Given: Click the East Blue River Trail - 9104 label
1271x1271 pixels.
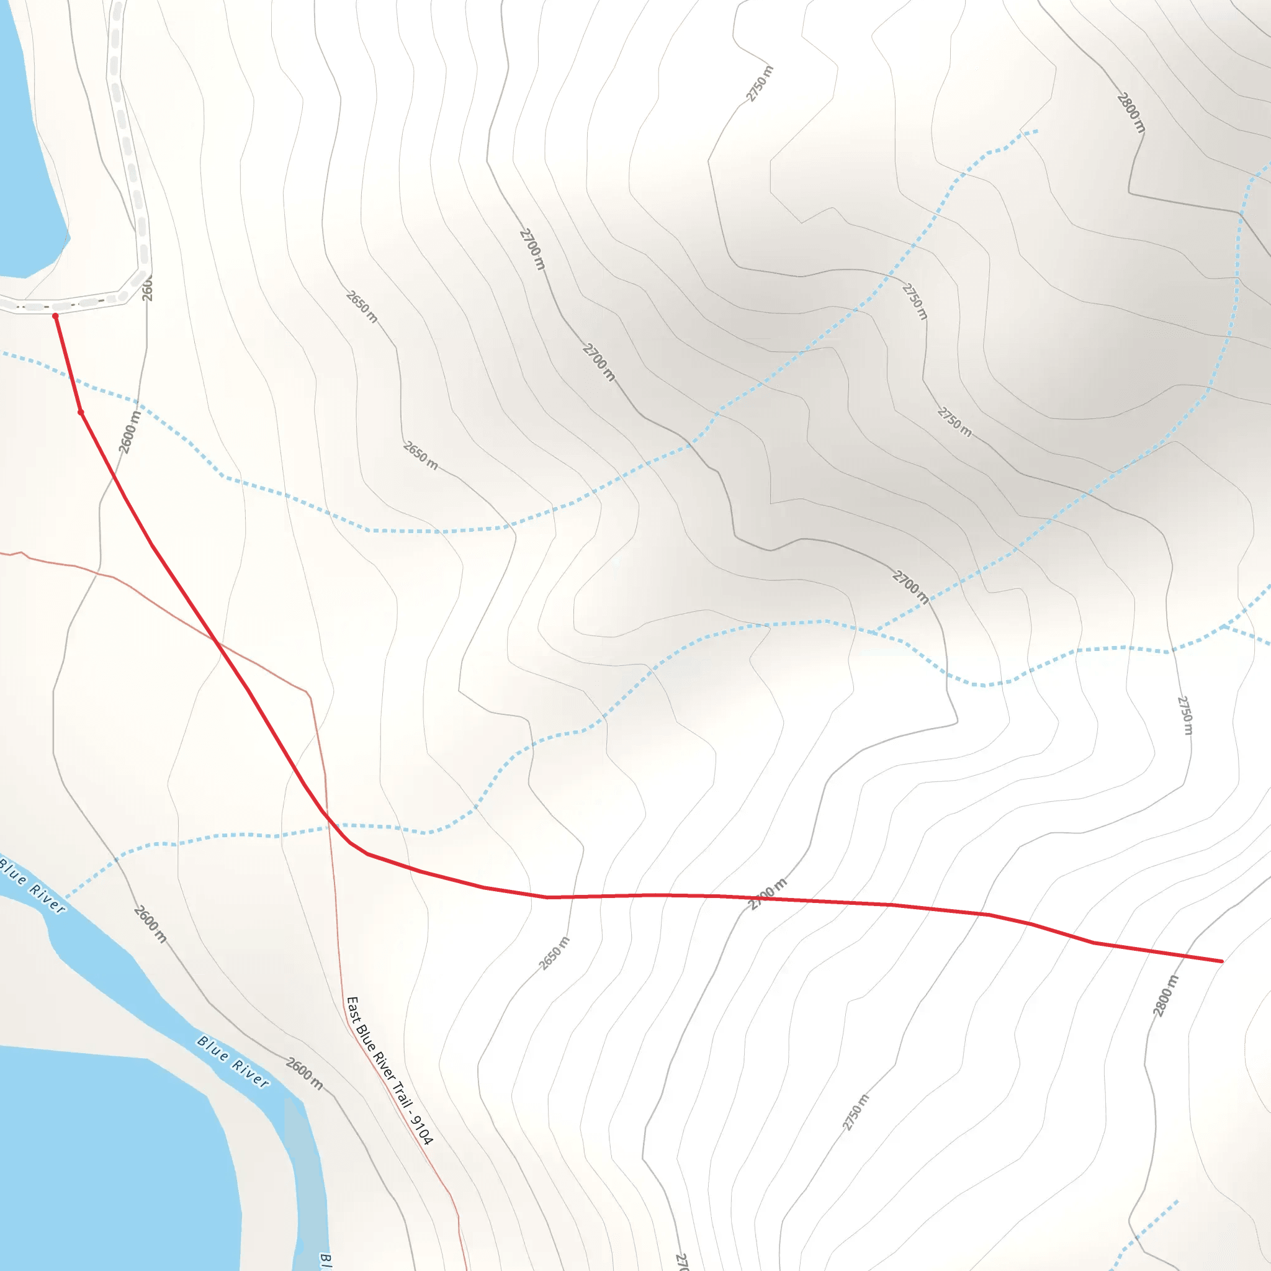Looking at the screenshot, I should pyautogui.click(x=390, y=1071).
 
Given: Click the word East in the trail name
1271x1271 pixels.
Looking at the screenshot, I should pyautogui.click(x=353, y=1009).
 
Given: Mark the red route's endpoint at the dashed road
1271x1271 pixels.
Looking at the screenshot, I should pyautogui.click(x=55, y=317).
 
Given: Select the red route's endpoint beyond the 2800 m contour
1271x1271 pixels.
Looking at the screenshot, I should pyautogui.click(x=1221, y=961).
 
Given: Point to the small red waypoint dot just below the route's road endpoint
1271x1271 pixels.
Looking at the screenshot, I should pyautogui.click(x=81, y=413).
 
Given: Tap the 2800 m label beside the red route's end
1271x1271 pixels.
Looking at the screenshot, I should pyautogui.click(x=1165, y=995).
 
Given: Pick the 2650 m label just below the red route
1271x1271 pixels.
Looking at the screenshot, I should pyautogui.click(x=555, y=953).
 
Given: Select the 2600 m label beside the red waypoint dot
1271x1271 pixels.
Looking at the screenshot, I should pyautogui.click(x=130, y=432).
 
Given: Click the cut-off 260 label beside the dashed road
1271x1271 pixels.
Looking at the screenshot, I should pyautogui.click(x=147, y=289).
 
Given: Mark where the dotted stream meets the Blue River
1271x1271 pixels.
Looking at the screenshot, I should pyautogui.click(x=66, y=897).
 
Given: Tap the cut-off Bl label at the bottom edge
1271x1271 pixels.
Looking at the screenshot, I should pyautogui.click(x=325, y=1260).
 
